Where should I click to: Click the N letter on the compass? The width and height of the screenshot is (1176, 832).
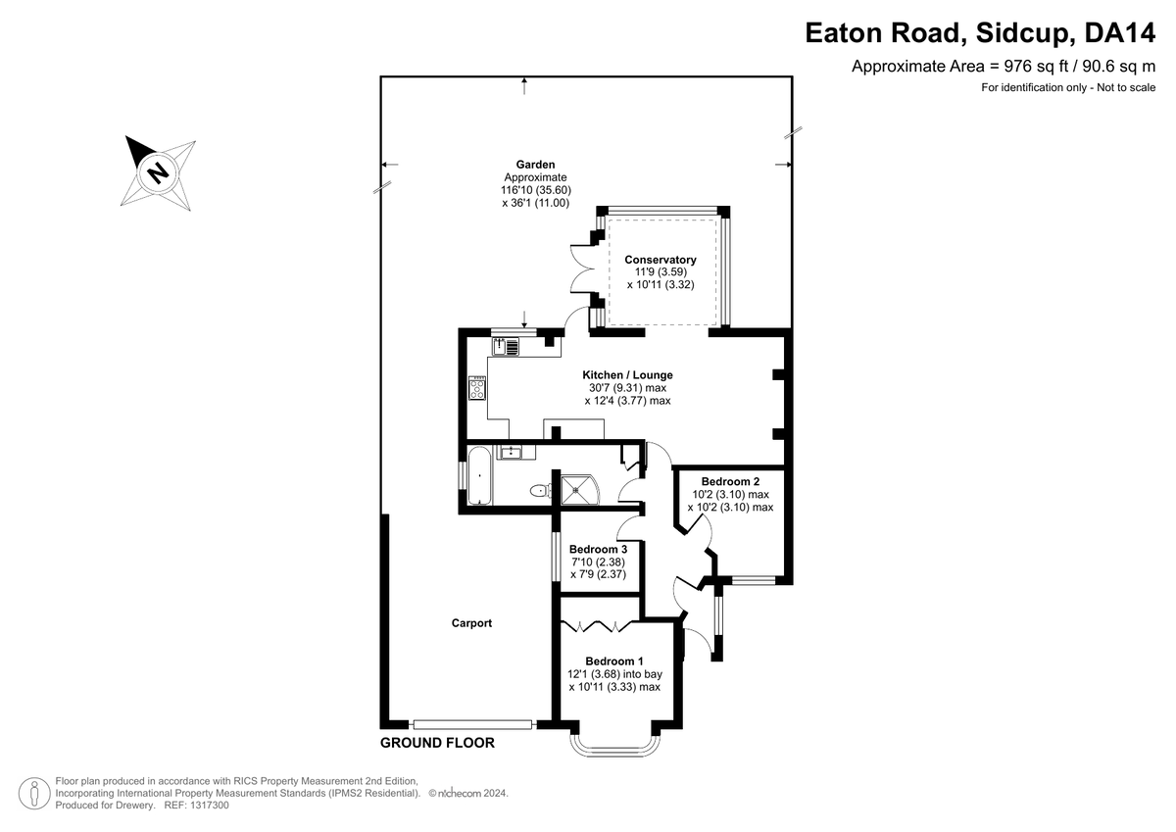(x=158, y=172)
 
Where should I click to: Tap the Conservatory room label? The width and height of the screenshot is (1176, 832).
(x=661, y=260)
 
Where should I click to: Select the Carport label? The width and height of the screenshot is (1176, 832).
(x=471, y=623)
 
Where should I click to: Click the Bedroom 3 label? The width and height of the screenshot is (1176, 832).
(x=598, y=549)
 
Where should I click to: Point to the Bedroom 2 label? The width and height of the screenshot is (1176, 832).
(x=730, y=481)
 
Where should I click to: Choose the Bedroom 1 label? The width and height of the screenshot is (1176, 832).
(x=614, y=661)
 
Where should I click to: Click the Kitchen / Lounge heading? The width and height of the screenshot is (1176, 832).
(x=627, y=374)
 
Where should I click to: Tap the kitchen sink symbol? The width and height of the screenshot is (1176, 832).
(x=505, y=347)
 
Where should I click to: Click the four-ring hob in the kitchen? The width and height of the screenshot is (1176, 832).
(x=477, y=388)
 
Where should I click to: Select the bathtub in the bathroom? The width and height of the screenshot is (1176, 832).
(x=480, y=475)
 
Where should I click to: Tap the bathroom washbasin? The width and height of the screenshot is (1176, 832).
(x=511, y=452)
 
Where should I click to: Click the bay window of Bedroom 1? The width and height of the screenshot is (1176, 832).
(x=614, y=745)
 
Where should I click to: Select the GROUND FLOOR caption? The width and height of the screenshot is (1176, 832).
(x=437, y=743)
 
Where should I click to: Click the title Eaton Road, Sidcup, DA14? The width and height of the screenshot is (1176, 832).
(x=980, y=33)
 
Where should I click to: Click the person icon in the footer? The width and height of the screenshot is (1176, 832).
(x=34, y=793)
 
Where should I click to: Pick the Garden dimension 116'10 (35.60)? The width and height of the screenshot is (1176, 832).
(x=535, y=190)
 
